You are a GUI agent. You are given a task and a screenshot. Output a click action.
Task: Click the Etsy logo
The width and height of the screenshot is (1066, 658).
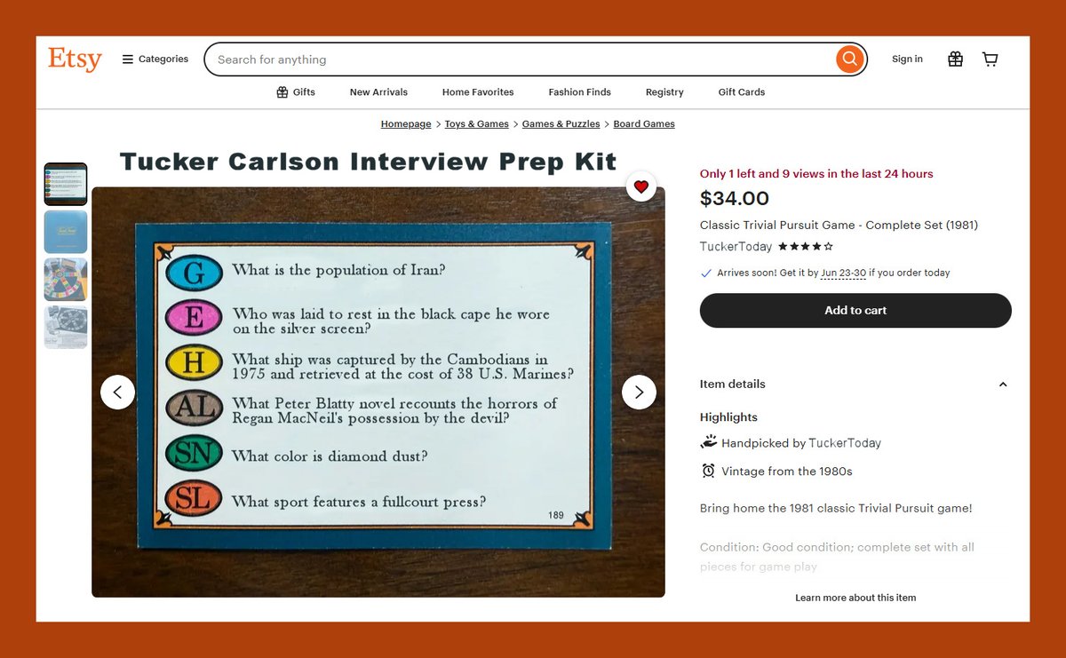tap(75, 59)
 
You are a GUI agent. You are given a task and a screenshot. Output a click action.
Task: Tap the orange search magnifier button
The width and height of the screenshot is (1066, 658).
tap(849, 59)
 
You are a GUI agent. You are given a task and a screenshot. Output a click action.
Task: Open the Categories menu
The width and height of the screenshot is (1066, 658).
tap(155, 59)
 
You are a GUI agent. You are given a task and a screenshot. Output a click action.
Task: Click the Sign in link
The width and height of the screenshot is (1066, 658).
tap(907, 59)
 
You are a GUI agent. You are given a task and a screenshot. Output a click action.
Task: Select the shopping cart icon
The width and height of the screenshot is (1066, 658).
tap(990, 59)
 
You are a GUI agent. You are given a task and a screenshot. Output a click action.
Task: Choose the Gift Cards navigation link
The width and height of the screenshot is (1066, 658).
tap(741, 92)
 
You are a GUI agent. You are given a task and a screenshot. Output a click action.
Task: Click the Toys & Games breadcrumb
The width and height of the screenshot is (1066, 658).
tap(476, 124)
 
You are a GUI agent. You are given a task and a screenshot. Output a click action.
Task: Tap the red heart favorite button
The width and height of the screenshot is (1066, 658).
tap(640, 186)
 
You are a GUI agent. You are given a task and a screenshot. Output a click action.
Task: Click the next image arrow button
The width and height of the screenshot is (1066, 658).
tap(639, 392)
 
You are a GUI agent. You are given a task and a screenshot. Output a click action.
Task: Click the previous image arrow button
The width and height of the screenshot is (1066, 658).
tap(117, 392)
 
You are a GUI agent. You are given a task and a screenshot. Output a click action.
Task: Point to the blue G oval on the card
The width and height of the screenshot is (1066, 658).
tap(195, 272)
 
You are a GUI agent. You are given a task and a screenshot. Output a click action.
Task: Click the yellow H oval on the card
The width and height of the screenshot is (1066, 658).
tap(195, 363)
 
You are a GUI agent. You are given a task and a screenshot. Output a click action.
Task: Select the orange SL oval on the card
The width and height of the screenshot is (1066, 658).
tap(195, 499)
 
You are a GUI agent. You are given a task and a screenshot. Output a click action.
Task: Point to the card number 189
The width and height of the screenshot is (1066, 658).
tap(556, 515)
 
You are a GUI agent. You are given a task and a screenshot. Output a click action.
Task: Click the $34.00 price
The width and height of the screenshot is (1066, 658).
tap(735, 198)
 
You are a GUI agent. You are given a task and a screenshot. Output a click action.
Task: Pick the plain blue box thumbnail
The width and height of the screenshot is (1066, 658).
tap(66, 232)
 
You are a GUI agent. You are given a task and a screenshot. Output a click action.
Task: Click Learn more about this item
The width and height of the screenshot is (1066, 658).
tap(855, 598)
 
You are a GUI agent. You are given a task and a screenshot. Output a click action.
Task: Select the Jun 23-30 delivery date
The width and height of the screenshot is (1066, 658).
tap(843, 274)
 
